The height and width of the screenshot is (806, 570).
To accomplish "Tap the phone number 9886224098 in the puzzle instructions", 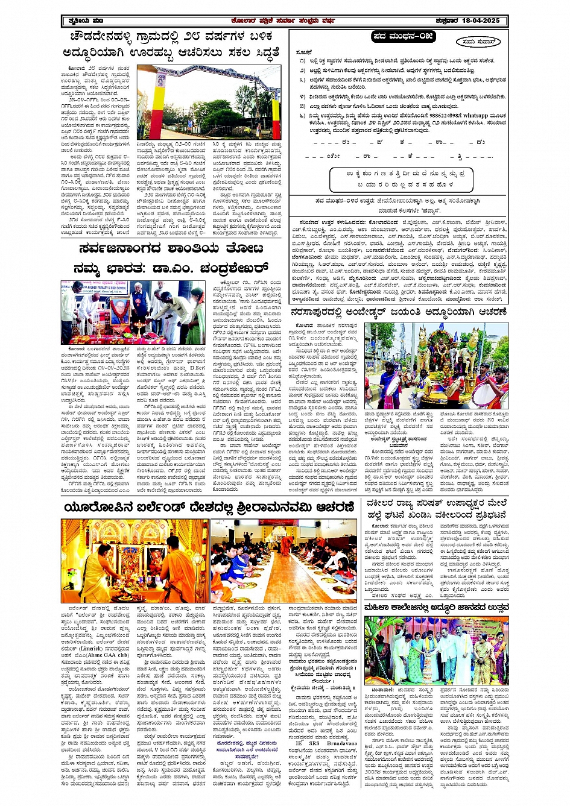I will [442, 115].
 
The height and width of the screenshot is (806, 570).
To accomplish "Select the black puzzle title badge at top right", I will [403, 37].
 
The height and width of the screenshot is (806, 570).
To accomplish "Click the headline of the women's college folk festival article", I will [437, 606].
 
